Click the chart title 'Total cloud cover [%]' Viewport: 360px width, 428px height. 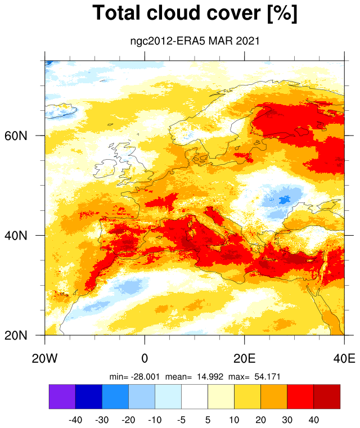pyautogui.click(x=195, y=13)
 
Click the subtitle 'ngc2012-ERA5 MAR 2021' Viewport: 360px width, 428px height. pyautogui.click(x=195, y=41)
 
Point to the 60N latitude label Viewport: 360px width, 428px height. pyautogui.click(x=16, y=136)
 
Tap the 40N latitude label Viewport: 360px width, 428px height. pyautogui.click(x=16, y=235)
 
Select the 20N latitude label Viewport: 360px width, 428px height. pyautogui.click(x=16, y=335)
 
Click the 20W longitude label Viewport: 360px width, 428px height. pyautogui.click(x=45, y=358)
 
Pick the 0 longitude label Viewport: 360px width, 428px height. pyautogui.click(x=145, y=358)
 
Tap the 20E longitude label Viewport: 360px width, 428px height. pyautogui.click(x=245, y=358)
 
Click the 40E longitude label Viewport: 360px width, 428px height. pyautogui.click(x=344, y=358)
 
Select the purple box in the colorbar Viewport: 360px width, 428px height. pyautogui.click(x=62, y=397)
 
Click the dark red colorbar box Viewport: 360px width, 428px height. pyautogui.click(x=327, y=397)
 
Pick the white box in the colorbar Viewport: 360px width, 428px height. pyautogui.click(x=195, y=397)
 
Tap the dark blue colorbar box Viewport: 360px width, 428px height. pyautogui.click(x=89, y=397)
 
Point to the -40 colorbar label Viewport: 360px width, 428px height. pyautogui.click(x=75, y=420)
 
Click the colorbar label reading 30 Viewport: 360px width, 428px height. pyautogui.click(x=287, y=420)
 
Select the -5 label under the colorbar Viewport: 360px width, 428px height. pyautogui.click(x=181, y=420)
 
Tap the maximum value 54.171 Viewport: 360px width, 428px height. pyautogui.click(x=268, y=377)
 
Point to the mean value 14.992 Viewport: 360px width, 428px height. pyautogui.click(x=210, y=377)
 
